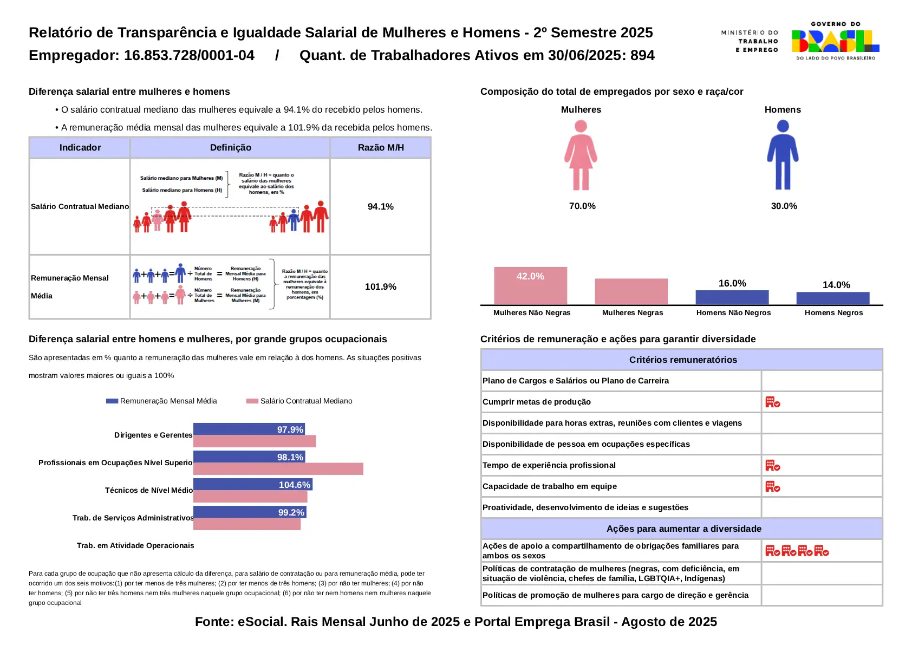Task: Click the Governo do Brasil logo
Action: pos(835,41)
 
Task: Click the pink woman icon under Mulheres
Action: pos(581,155)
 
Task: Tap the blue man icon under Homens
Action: pos(783,155)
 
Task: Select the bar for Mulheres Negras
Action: pos(631,292)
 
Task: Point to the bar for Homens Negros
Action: pos(832,298)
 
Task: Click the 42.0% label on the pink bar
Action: pos(530,276)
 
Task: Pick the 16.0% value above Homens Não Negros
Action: pos(732,283)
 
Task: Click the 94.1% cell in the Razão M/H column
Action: pos(380,206)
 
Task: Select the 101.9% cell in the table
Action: pos(380,286)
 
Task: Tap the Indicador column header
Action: pos(80,147)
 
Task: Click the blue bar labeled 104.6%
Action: pos(252,485)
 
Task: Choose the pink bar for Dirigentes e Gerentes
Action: pos(254,441)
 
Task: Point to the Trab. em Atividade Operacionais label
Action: pos(135,545)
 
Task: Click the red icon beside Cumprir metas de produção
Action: pos(772,402)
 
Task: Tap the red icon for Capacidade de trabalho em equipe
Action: pos(772,487)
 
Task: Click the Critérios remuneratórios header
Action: pos(682,360)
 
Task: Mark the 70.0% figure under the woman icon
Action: pos(582,206)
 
